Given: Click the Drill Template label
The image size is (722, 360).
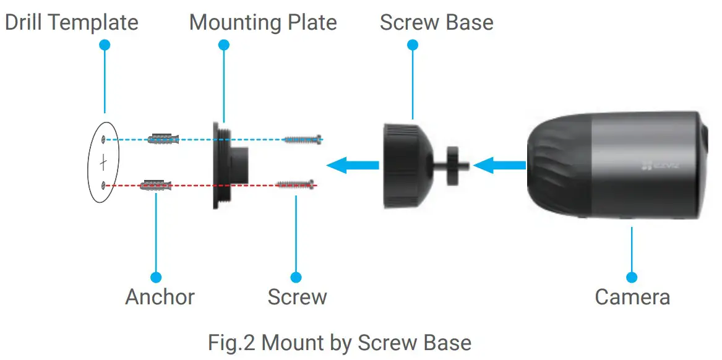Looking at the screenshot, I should tap(72, 23).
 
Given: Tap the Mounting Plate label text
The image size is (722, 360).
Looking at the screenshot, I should tap(263, 23).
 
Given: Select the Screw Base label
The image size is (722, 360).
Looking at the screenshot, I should tap(436, 23).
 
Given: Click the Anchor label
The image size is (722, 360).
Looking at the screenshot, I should tap(160, 297).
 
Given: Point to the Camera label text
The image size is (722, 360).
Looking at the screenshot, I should tap(632, 297).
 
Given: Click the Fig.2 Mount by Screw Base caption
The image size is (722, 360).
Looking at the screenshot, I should tap(340, 342).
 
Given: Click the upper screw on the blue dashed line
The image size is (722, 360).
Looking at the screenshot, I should tap(303, 140).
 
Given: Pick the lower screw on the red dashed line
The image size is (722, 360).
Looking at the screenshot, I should tap(296, 184).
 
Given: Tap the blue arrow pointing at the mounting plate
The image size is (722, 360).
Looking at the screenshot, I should tap(352, 165).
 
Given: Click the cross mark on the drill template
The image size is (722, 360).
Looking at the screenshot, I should tap(103, 163).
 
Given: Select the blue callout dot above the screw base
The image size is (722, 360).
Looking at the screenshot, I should tap(413, 45).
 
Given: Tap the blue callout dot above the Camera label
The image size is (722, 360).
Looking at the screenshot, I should tap(632, 277).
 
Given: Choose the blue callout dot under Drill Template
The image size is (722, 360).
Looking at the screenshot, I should tap(105, 45).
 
